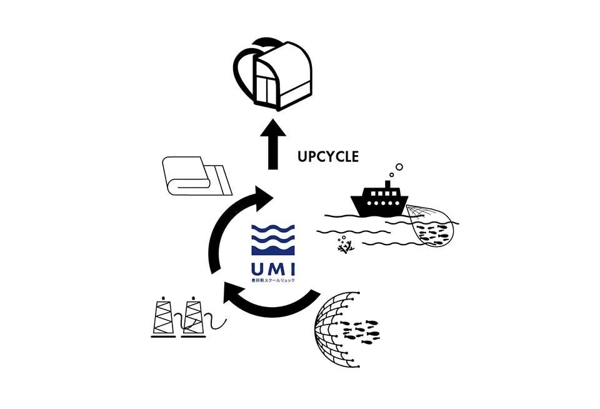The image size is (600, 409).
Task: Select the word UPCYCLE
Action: pyautogui.click(x=328, y=156)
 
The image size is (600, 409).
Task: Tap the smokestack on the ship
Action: pyautogui.click(x=388, y=186)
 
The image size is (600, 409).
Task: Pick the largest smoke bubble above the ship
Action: pyautogui.click(x=399, y=167)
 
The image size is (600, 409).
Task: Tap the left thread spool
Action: pyautogui.click(x=164, y=319)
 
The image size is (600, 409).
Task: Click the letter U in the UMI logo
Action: pyautogui.click(x=259, y=270)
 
